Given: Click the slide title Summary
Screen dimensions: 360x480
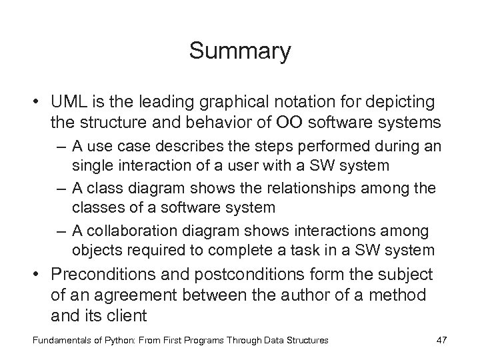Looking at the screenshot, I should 240,51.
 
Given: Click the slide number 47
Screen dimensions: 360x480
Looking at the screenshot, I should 441,340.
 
